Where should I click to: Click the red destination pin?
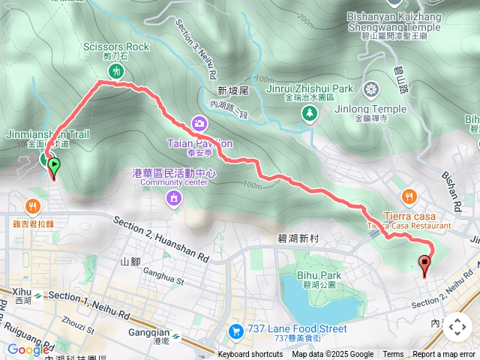(425, 265)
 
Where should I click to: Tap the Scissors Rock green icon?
(116, 71)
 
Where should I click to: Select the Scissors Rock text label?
(117, 47)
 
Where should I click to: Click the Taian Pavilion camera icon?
(199, 123)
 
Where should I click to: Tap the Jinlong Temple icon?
(371, 91)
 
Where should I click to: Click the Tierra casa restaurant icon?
(409, 196)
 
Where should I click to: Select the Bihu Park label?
(318, 275)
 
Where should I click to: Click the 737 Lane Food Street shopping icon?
(235, 330)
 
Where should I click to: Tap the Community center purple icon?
(173, 198)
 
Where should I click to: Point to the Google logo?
(28, 349)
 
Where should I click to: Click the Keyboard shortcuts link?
(250, 355)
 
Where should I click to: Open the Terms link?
(393, 355)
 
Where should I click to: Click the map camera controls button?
(457, 327)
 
